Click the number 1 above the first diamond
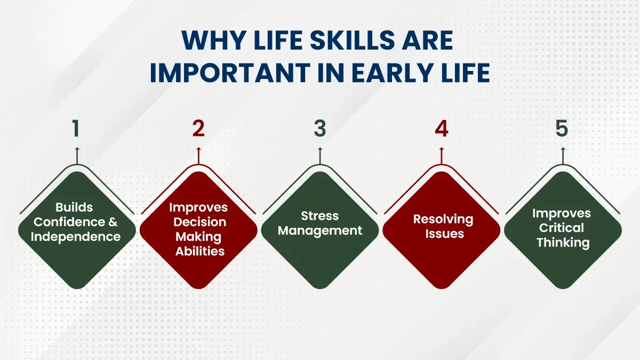[77, 130]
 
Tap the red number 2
[198, 130]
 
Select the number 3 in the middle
[319, 130]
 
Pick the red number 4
[441, 130]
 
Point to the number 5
[562, 130]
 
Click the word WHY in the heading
[209, 41]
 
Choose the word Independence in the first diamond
[75, 237]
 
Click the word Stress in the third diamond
[319, 216]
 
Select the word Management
[320, 231]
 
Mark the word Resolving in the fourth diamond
[443, 219]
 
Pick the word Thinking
[563, 243]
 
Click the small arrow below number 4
[441, 155]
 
